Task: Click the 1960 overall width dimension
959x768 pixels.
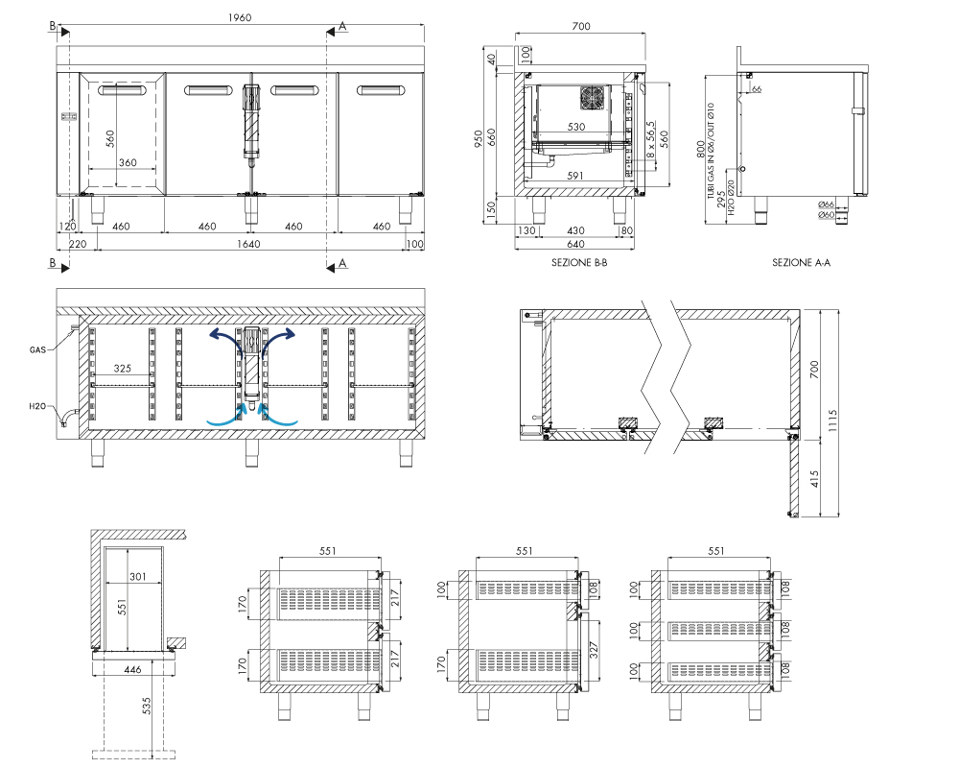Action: click(x=240, y=18)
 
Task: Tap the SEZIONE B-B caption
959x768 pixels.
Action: click(x=579, y=263)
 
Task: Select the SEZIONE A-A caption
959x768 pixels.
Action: click(x=801, y=263)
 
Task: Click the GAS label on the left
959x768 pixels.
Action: click(x=37, y=349)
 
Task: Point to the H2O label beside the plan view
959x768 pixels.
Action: click(x=37, y=406)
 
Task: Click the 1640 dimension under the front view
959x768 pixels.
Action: click(x=248, y=244)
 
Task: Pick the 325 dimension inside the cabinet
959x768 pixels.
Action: click(x=123, y=368)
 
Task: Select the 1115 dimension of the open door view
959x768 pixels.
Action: click(x=832, y=420)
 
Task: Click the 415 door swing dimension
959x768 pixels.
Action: click(x=814, y=479)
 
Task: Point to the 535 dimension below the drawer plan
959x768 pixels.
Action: click(x=146, y=706)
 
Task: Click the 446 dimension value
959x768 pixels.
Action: click(x=132, y=670)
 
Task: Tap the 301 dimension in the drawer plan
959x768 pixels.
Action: click(x=137, y=576)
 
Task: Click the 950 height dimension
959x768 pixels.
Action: click(x=479, y=138)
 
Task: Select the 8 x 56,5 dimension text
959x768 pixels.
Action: click(x=650, y=138)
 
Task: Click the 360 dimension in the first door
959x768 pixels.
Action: click(x=128, y=162)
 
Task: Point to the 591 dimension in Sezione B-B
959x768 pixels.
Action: click(x=574, y=175)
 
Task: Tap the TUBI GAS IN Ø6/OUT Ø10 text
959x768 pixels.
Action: click(x=711, y=151)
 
